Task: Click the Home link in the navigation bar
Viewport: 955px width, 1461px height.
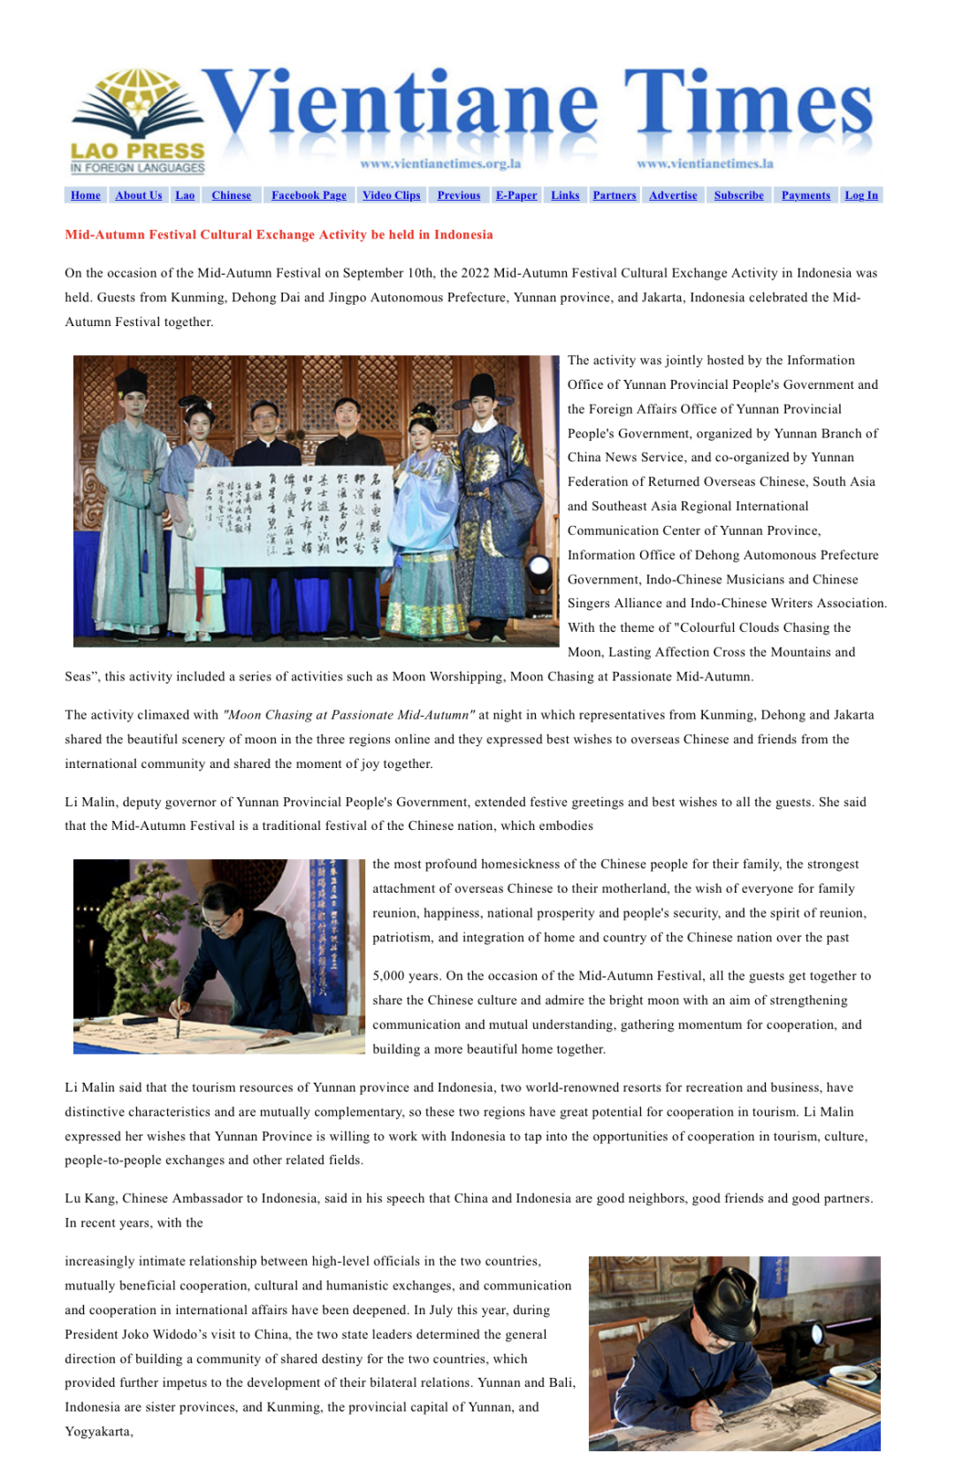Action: [86, 195]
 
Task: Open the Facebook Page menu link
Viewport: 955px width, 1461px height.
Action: [309, 195]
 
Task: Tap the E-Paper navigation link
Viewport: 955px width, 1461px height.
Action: [516, 195]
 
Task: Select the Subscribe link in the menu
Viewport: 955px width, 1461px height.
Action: [738, 195]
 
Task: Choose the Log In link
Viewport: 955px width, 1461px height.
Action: [861, 195]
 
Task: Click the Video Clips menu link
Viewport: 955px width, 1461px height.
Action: [391, 195]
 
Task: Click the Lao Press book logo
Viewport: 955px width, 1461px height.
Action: [138, 119]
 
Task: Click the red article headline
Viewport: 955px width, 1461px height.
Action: [279, 235]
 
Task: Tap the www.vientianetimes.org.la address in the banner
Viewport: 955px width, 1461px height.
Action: [440, 164]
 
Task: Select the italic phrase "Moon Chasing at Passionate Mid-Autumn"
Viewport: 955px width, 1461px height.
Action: [349, 715]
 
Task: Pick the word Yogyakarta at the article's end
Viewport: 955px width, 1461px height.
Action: [97, 1432]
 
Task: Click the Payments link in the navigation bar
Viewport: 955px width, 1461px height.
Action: [806, 195]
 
